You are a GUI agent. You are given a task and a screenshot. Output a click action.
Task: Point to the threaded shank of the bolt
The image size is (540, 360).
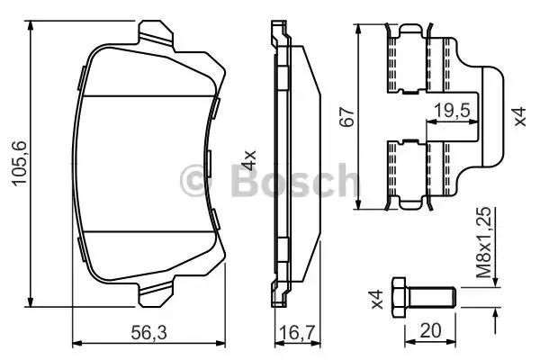(x=434, y=294)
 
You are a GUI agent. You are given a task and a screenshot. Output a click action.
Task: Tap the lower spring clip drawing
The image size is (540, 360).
(x=423, y=171)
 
